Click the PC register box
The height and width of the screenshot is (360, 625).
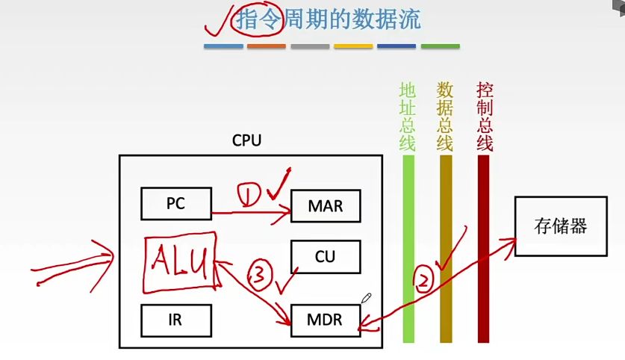pos(175,203)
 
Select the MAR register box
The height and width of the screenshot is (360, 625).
pos(325,205)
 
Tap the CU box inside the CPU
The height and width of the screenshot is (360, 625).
pos(325,256)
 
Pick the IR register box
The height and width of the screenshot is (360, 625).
pos(175,320)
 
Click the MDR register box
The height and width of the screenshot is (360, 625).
pos(325,320)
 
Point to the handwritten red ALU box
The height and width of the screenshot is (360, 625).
pos(180,262)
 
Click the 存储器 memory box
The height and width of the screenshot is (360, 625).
pos(561,226)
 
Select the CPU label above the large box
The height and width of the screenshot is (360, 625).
pos(247,140)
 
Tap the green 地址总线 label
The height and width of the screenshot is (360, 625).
pos(408,116)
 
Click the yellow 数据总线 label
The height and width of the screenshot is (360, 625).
pos(445,116)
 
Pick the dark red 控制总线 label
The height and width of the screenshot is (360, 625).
pos(484,116)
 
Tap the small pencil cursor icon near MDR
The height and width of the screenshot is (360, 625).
pos(366,298)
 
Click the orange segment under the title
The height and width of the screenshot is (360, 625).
pos(266,46)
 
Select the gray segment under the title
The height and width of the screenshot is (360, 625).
pos(310,46)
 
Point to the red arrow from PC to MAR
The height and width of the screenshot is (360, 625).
pos(250,214)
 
